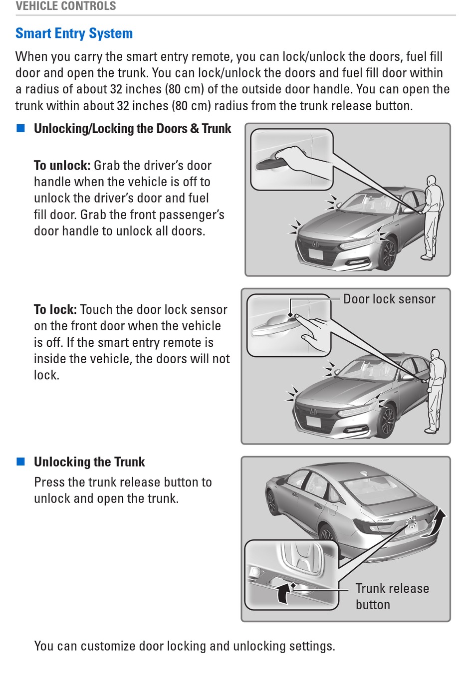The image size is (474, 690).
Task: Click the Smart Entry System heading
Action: [x=74, y=33]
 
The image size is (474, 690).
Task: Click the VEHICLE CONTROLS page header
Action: [x=66, y=6]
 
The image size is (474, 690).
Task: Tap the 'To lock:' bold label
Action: [x=55, y=310]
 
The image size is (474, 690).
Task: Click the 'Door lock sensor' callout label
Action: [x=389, y=299]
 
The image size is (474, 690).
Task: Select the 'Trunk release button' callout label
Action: [x=392, y=596]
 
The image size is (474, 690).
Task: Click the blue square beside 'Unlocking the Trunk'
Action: [x=21, y=461]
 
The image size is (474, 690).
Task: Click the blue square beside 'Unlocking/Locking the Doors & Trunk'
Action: [x=21, y=128]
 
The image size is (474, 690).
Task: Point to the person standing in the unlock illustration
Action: [x=432, y=217]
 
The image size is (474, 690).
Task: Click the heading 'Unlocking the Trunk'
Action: [x=89, y=462]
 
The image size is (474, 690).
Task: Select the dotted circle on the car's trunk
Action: [x=411, y=522]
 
